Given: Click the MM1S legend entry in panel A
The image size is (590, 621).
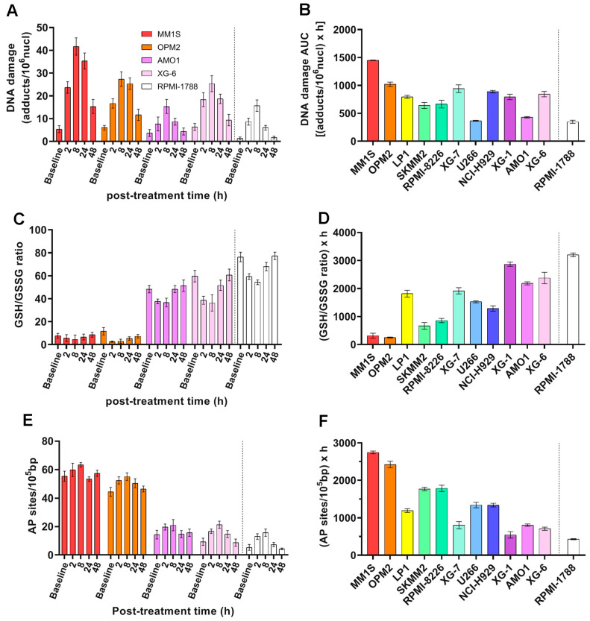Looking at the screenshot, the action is point(161,34).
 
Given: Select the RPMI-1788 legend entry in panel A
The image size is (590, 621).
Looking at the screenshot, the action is point(169,86).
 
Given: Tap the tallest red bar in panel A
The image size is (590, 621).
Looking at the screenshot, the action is point(75,94).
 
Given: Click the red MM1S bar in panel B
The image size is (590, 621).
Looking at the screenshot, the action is point(373,101).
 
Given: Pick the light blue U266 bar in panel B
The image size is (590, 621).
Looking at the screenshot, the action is point(476,130).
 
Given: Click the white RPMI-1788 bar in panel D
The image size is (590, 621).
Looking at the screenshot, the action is point(573,300).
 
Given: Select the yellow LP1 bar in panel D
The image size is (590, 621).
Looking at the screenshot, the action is point(407,319).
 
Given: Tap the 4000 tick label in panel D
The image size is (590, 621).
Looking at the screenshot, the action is point(345,233).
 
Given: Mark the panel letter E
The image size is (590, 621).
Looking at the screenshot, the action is point(28,420).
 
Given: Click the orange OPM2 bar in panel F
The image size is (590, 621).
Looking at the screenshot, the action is point(390,510).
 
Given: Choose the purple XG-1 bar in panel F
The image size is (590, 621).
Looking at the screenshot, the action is point(510,545).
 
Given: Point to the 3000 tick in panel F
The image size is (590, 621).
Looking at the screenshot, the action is point(345,443).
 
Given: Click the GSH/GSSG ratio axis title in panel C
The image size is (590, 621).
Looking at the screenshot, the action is point(18,286).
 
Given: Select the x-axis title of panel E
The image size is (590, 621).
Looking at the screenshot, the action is point(173,611).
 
